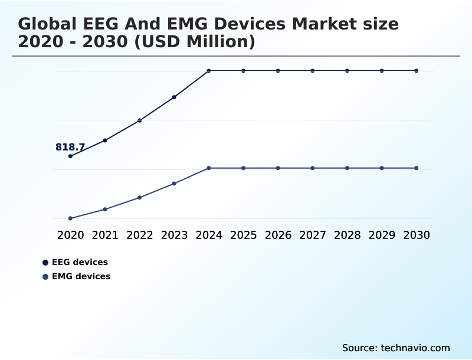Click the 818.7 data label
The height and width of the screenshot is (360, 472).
(x=70, y=147)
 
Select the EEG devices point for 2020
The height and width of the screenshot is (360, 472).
(x=70, y=156)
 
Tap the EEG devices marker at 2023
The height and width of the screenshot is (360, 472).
(x=174, y=97)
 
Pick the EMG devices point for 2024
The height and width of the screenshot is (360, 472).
(x=209, y=168)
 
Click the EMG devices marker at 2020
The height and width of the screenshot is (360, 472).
(x=70, y=218)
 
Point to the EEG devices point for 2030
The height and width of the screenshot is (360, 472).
(x=417, y=71)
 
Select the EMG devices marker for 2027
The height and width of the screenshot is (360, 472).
(x=313, y=168)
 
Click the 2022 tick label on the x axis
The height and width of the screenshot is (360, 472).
(x=140, y=235)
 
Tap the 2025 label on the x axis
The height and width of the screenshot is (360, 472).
(x=243, y=235)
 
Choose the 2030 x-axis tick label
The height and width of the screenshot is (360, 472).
(x=417, y=235)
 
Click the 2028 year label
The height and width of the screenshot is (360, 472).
(x=347, y=235)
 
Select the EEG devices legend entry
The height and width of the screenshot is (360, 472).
(x=80, y=262)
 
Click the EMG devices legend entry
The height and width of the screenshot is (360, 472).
(x=81, y=276)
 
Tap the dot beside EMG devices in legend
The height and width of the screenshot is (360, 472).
(x=45, y=276)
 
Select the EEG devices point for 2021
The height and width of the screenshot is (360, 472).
(x=105, y=140)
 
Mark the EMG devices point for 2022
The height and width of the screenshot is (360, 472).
(x=140, y=197)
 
